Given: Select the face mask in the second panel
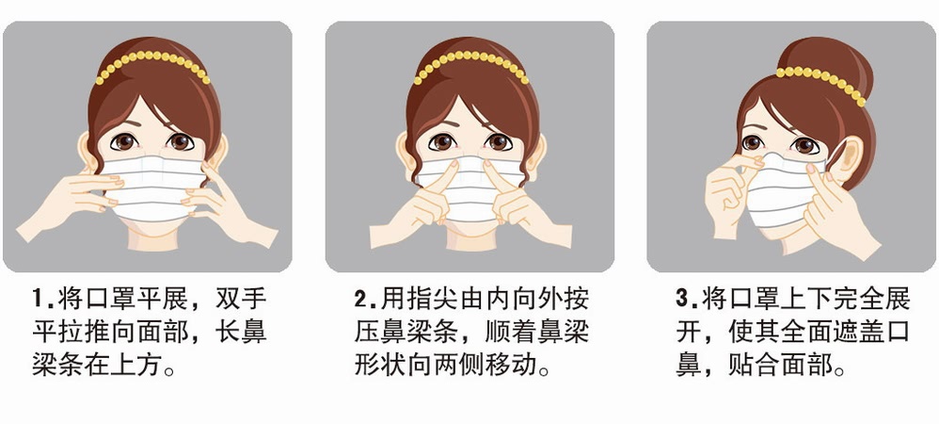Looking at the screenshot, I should click(x=470, y=188).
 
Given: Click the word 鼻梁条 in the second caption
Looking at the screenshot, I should click(x=415, y=334).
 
